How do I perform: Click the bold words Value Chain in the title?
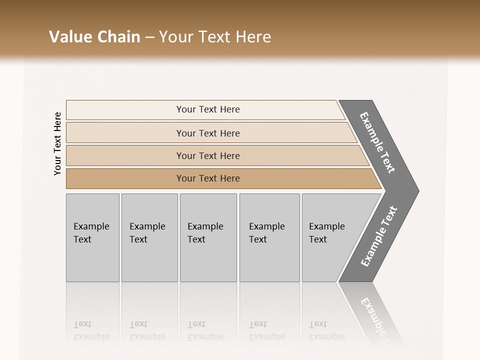tap(94, 37)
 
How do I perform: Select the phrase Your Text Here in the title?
tap(215, 37)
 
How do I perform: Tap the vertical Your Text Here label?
tap(57, 143)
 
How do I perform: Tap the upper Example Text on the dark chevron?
tap(377, 142)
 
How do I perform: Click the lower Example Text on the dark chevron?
tap(378, 236)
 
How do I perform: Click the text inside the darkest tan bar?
tap(208, 178)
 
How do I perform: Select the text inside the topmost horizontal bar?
tap(208, 109)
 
